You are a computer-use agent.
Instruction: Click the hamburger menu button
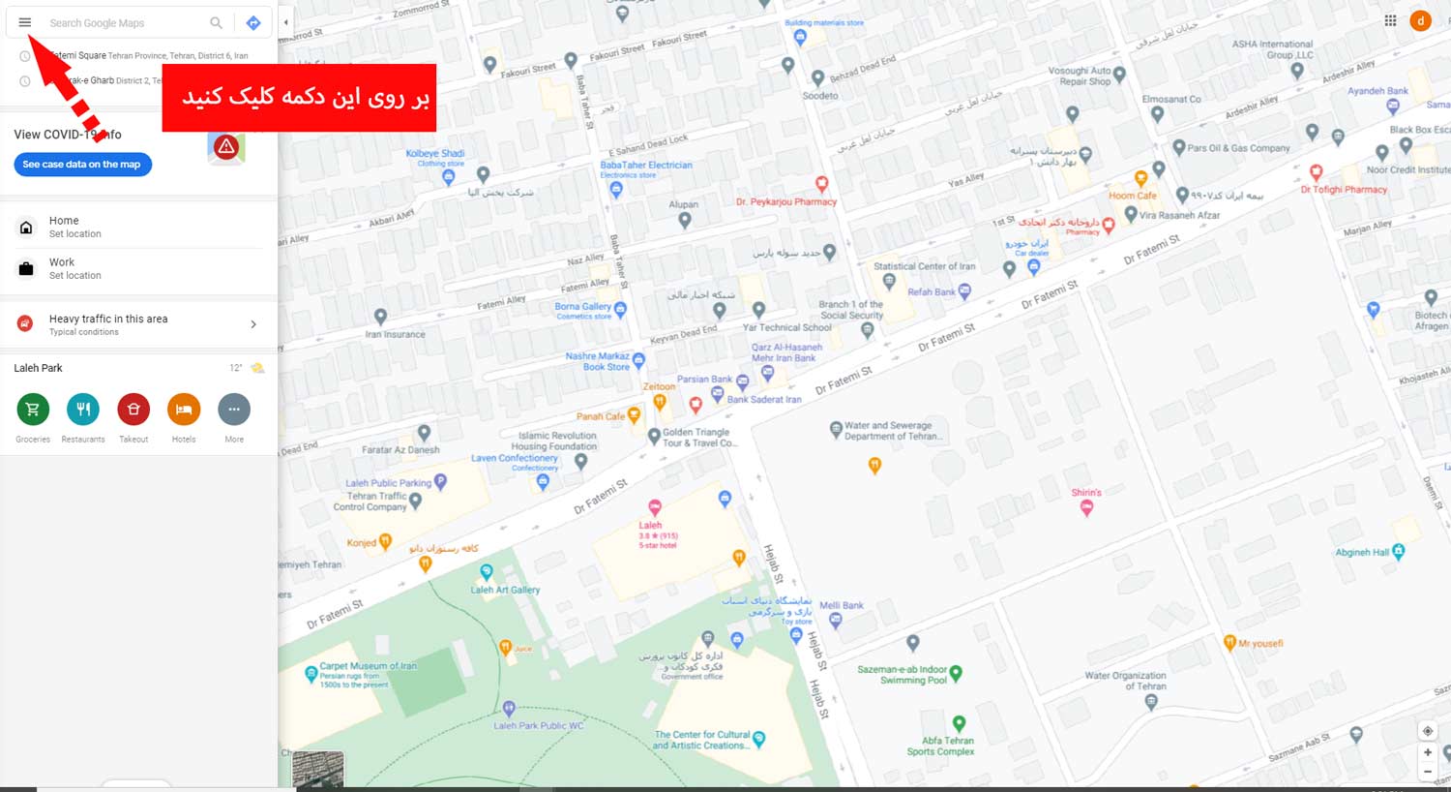coord(25,22)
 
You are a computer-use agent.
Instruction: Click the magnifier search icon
coord(216,22)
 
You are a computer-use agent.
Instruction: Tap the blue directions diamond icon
coord(253,22)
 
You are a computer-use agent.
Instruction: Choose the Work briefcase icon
coord(26,268)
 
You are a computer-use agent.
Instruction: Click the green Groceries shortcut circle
coord(33,410)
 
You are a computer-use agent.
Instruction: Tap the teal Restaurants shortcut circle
coord(83,410)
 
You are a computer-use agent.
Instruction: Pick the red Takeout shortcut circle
coord(133,410)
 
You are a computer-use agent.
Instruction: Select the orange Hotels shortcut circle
coord(184,410)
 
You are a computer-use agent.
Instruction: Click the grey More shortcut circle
coord(234,410)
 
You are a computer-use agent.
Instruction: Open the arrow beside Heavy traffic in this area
coord(253,324)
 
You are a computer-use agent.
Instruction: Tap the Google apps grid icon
coord(1390,20)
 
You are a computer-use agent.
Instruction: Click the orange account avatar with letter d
coord(1420,20)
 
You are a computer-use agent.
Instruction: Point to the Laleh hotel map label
coord(650,525)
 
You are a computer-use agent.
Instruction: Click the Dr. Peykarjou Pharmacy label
coord(785,201)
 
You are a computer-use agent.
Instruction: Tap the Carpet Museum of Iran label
coord(368,666)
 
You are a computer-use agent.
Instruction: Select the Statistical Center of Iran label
coord(924,266)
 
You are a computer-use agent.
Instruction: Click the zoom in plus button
coord(1428,752)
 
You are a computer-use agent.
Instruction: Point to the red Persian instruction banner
coord(299,98)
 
